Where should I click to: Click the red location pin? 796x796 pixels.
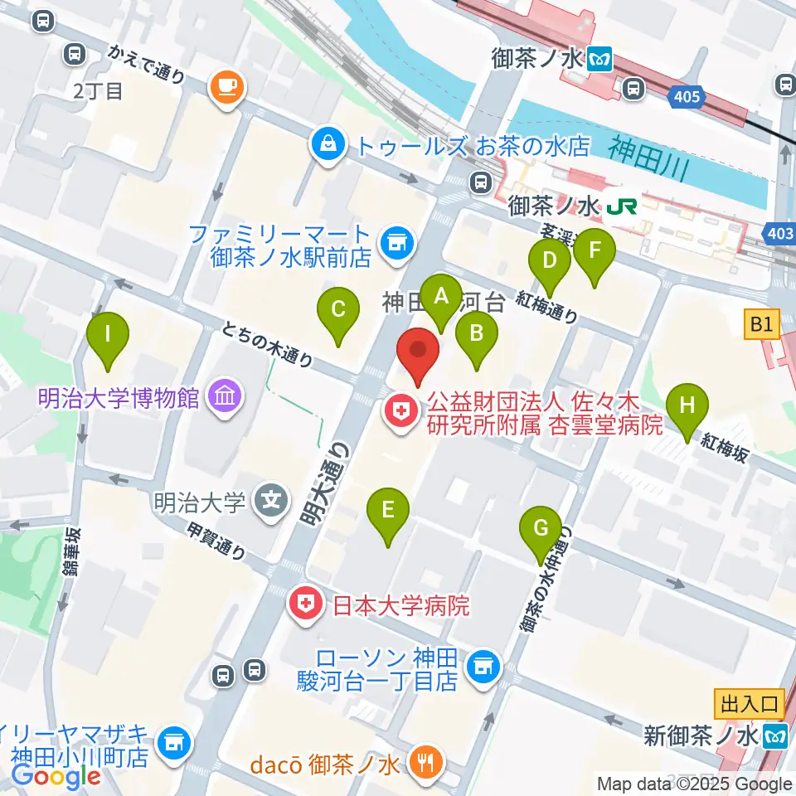pyautogui.click(x=418, y=353)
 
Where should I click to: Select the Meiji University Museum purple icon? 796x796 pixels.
pyautogui.click(x=226, y=397)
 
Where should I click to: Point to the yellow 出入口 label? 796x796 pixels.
pyautogui.click(x=750, y=704)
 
